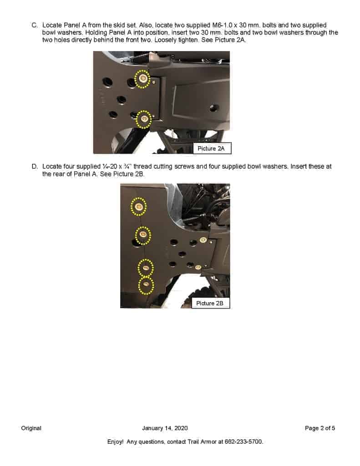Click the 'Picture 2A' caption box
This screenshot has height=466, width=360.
[212, 148]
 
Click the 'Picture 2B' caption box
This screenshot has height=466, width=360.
[210, 303]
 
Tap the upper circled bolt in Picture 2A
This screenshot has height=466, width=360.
[143, 79]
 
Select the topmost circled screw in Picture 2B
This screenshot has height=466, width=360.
[138, 206]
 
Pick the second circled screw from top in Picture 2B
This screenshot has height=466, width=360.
[143, 235]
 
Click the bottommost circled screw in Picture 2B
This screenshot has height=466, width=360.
[146, 285]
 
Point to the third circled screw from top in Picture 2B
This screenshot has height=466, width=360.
[146, 268]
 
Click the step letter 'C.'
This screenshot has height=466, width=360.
[35, 25]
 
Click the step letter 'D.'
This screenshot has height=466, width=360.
[35, 167]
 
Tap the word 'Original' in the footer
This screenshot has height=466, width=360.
[31, 428]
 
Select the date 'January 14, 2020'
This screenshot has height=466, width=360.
[165, 428]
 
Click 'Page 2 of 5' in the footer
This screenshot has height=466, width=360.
[320, 428]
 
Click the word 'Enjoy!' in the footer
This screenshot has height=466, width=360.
[115, 441]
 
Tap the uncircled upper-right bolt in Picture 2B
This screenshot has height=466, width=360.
[203, 239]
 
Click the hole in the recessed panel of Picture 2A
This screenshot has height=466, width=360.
[214, 108]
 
